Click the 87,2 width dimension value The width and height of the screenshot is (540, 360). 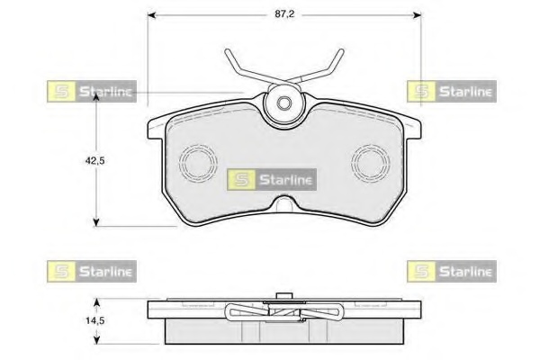[x=284, y=14]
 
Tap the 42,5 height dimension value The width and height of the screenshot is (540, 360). [x=95, y=160]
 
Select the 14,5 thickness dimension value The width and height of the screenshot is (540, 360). [x=95, y=320]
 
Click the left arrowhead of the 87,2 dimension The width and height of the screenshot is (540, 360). [x=152, y=14]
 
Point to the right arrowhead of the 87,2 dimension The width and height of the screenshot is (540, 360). [x=417, y=14]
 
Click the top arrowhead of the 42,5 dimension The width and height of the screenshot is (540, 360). [x=96, y=97]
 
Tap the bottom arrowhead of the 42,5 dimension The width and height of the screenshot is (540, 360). [x=96, y=222]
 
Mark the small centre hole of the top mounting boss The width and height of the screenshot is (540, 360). [x=284, y=103]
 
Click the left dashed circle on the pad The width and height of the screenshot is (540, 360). [x=198, y=162]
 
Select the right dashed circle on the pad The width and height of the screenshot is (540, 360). [x=371, y=162]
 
